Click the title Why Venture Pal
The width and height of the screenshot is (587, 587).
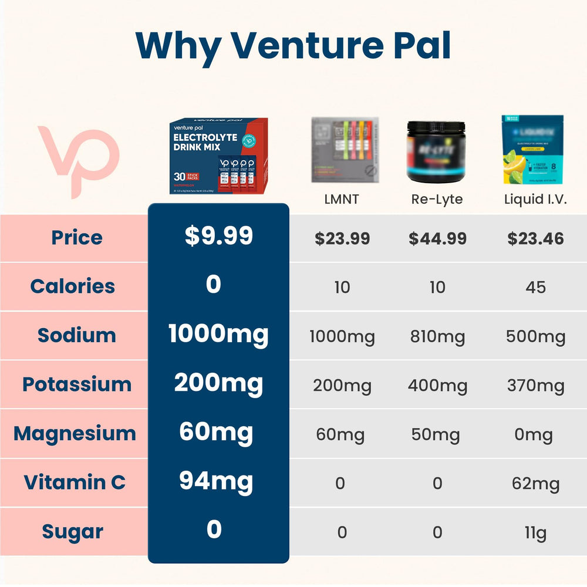pyautogui.click(x=293, y=45)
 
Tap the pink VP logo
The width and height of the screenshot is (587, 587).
pyautogui.click(x=78, y=160)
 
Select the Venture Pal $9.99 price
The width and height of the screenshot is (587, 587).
pyautogui.click(x=218, y=236)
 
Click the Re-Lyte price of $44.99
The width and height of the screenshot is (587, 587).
pyautogui.click(x=437, y=238)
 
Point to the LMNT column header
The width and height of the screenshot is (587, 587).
pyautogui.click(x=342, y=199)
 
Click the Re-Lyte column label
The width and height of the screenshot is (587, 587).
pyautogui.click(x=437, y=199)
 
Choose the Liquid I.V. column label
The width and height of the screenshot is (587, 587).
pyautogui.click(x=535, y=199)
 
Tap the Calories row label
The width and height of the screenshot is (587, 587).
pyautogui.click(x=73, y=286)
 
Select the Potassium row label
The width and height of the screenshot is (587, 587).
pyautogui.click(x=76, y=384)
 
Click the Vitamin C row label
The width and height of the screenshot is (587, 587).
pyautogui.click(x=75, y=483)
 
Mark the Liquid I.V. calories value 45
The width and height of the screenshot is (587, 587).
pyautogui.click(x=535, y=287)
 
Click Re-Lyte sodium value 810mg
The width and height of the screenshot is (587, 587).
pyautogui.click(x=437, y=336)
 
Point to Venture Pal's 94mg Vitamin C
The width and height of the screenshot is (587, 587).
pyautogui.click(x=215, y=482)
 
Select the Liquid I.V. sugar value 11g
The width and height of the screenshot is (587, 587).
pyautogui.click(x=535, y=533)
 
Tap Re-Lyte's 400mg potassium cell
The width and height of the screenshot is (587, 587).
pyautogui.click(x=437, y=386)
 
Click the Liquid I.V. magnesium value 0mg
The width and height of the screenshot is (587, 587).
pyautogui.click(x=535, y=435)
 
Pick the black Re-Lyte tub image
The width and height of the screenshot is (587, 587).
pyautogui.click(x=437, y=151)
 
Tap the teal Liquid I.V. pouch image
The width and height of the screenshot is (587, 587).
pyautogui.click(x=532, y=150)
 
